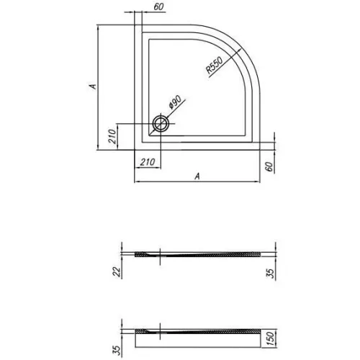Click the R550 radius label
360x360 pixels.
pos(215,66)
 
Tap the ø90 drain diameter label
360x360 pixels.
pos(175,102)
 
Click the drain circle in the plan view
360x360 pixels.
pos(161,124)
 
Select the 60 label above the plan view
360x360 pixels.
pos(158,6)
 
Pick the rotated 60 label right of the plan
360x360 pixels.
pos(269,166)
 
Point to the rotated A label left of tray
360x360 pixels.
pos(93,86)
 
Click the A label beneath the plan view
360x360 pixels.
pos(197,176)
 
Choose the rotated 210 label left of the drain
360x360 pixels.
pos(112,136)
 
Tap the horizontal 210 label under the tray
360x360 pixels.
pos(148,162)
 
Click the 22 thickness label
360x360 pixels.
pos(117,272)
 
